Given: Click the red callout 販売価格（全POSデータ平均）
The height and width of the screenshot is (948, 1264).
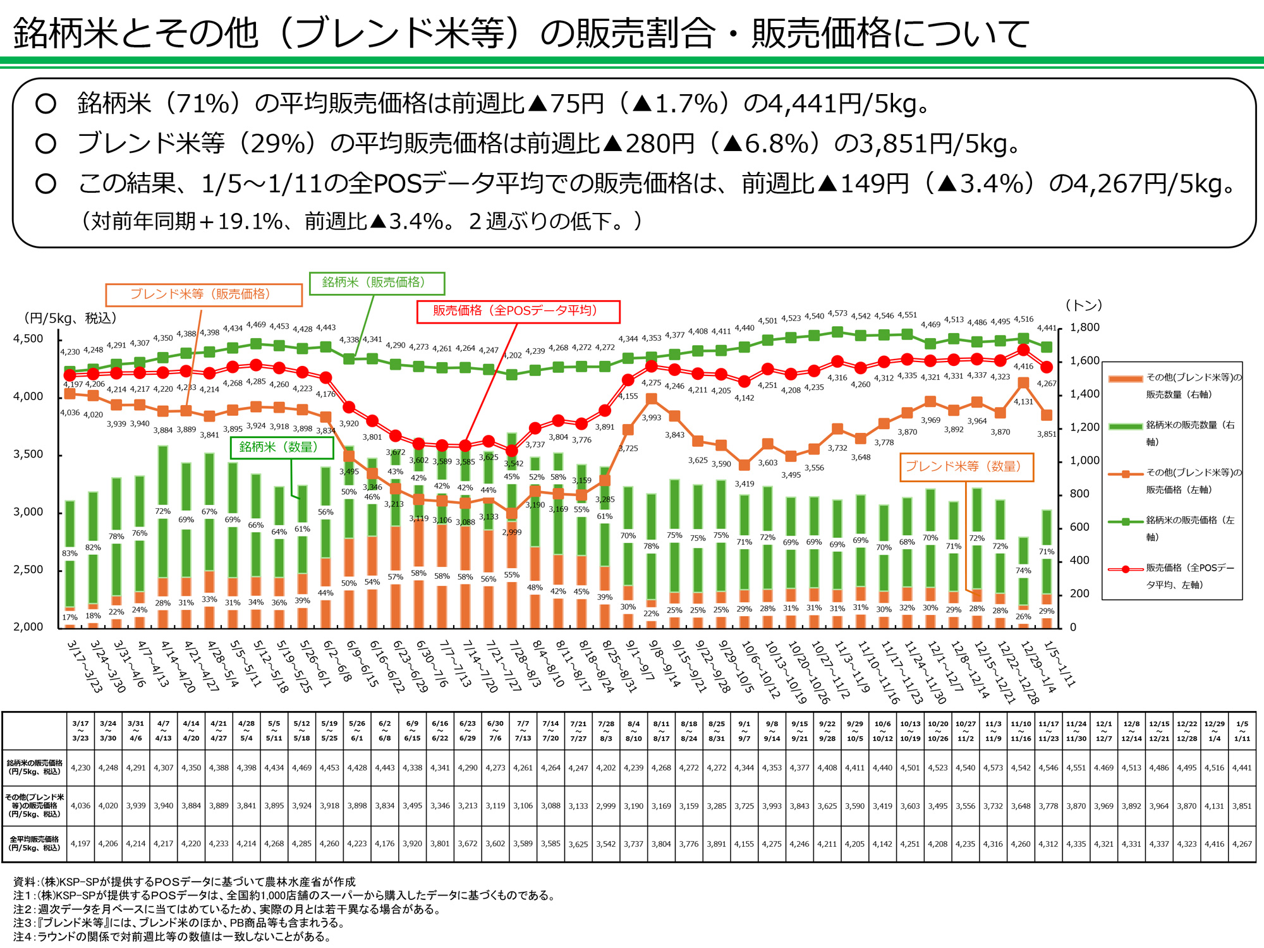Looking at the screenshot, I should pyautogui.click(x=518, y=311).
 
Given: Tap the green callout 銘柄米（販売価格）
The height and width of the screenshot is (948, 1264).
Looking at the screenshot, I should pyautogui.click(x=377, y=283).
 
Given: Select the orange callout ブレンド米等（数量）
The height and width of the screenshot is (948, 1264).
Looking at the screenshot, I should pyautogui.click(x=966, y=467).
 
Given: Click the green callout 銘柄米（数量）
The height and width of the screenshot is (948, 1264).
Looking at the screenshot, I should pyautogui.click(x=281, y=447).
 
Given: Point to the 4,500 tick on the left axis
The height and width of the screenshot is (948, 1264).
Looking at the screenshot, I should pyautogui.click(x=28, y=339).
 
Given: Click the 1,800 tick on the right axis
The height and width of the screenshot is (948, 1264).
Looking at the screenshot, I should pyautogui.click(x=1085, y=327).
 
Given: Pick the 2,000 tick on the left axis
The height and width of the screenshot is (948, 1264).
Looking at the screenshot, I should pyautogui.click(x=28, y=627).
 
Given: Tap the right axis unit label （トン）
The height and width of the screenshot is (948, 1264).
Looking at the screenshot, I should pyautogui.click(x=1084, y=305).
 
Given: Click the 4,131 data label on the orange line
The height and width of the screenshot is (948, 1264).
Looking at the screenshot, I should pyautogui.click(x=1023, y=402).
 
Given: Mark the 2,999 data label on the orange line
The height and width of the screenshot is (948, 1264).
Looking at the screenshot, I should pyautogui.click(x=512, y=532).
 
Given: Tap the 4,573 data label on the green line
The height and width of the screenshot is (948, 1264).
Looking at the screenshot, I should pyautogui.click(x=837, y=313).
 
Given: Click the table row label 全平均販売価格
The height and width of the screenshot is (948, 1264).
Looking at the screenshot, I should pyautogui.click(x=34, y=844).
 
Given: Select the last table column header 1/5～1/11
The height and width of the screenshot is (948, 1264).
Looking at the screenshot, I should pyautogui.click(x=1242, y=731).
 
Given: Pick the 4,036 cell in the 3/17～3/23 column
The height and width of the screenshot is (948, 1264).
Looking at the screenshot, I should pyautogui.click(x=80, y=806).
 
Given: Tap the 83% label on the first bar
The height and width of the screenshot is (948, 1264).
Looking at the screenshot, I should pyautogui.click(x=70, y=554).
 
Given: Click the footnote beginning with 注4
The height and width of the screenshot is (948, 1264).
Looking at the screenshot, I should pyautogui.click(x=172, y=937).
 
